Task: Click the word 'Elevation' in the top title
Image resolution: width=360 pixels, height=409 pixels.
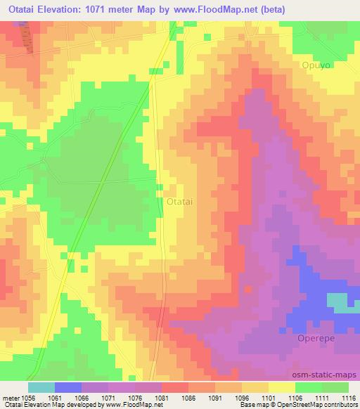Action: [72, 10]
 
